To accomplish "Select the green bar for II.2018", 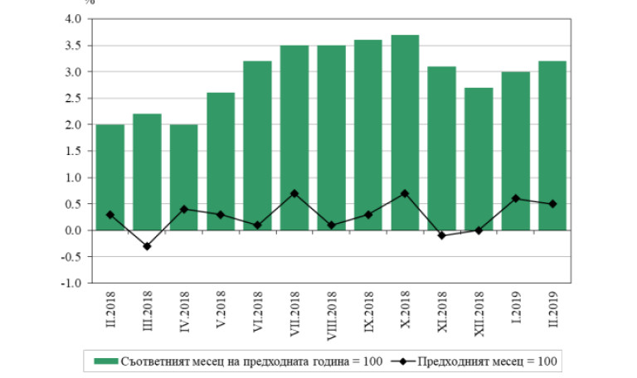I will [x=109, y=177].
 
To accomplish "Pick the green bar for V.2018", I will [x=221, y=162].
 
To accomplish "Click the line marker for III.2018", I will [x=147, y=246].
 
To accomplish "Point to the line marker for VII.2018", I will [x=294, y=193].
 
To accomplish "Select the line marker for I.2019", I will [x=515, y=198].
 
